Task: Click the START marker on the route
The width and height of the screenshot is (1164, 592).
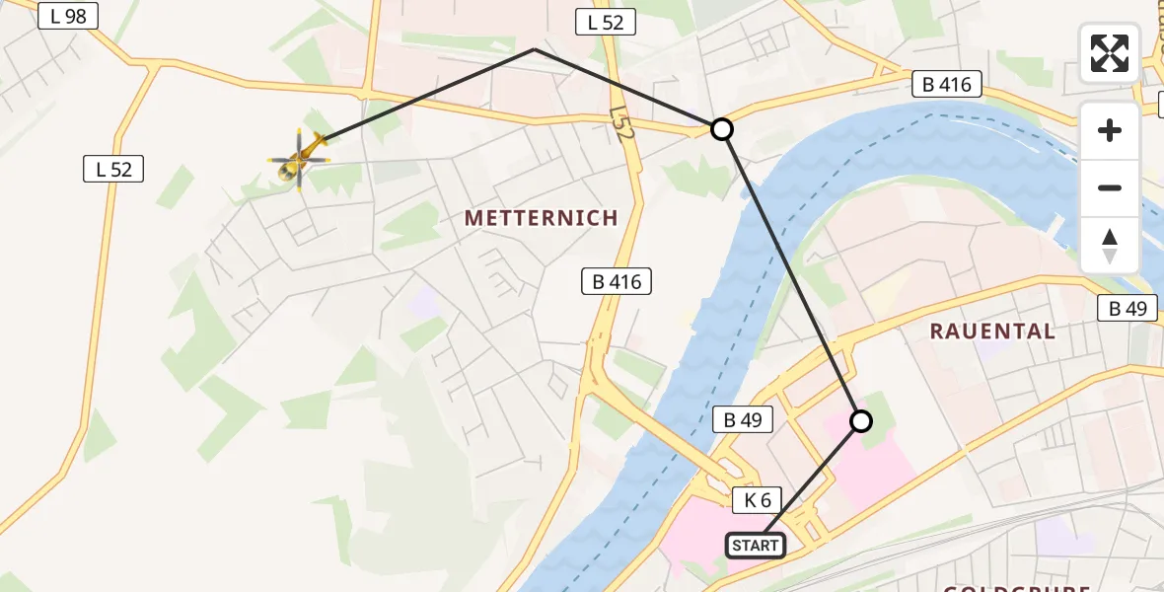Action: coord(757,545)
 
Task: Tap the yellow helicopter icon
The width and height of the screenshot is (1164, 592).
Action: coord(299,158)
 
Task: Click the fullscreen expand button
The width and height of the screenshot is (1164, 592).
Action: coord(1110,52)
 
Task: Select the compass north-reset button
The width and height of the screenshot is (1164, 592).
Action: coord(1110,246)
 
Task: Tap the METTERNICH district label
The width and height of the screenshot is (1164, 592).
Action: coord(541,218)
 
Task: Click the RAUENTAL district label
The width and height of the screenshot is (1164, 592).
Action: coord(992,332)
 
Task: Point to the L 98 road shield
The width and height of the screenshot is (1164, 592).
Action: coord(67,16)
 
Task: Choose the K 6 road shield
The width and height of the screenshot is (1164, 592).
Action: coord(758,500)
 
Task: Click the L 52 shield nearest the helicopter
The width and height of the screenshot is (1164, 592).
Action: coord(113,169)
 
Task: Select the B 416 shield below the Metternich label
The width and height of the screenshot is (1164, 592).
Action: coord(617,282)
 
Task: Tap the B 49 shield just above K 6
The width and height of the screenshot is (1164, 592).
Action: coord(743,420)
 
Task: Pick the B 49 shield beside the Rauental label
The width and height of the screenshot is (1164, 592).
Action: coord(1128,309)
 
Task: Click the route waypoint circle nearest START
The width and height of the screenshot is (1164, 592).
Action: coord(861,421)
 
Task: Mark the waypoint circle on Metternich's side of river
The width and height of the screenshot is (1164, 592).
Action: coord(722,129)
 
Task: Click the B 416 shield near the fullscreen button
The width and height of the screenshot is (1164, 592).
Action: coord(947,85)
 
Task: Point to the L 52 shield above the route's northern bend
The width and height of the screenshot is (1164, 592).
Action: coord(606,23)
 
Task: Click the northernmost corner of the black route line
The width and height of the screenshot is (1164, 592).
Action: coord(534,48)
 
